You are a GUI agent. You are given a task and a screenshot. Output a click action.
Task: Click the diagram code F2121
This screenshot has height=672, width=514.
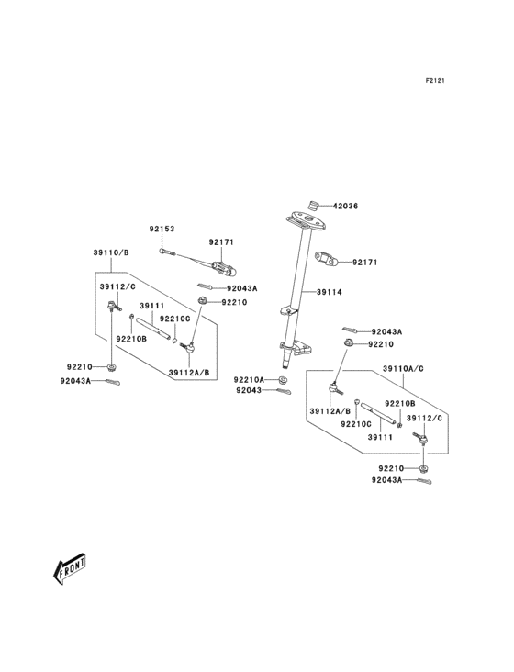point(435,81)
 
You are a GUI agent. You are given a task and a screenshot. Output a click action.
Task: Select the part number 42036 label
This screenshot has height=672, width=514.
point(345,207)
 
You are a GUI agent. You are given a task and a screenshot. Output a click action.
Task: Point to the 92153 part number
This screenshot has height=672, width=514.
point(162,229)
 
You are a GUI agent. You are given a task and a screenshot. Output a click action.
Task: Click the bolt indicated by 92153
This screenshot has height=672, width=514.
point(163,250)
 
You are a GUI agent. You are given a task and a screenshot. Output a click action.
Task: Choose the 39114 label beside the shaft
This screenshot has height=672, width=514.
point(330,292)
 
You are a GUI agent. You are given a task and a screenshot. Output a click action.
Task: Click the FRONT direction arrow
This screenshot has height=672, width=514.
point(69,570)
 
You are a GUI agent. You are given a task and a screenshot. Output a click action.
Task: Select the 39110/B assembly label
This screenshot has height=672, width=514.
point(110,252)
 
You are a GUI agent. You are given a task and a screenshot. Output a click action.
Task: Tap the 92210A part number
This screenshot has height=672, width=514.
point(248,379)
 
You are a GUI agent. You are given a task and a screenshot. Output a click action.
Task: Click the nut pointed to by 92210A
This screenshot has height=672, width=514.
point(283,379)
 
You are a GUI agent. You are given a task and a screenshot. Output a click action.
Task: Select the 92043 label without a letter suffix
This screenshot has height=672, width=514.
point(248,391)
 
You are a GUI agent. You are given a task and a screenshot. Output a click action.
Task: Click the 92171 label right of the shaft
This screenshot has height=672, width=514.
point(365,263)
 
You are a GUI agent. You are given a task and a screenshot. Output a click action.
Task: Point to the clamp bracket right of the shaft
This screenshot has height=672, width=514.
point(328,259)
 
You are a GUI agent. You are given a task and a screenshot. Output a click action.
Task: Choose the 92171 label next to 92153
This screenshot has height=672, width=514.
point(221,242)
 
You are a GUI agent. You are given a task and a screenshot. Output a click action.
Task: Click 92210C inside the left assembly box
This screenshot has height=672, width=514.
point(174,319)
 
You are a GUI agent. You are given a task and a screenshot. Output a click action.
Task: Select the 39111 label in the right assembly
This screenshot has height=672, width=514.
point(380,438)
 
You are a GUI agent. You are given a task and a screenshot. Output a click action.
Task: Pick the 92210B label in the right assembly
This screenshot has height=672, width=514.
point(399,404)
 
